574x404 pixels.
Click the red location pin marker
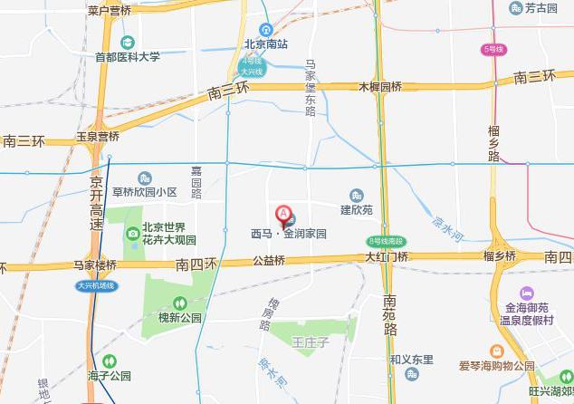[284, 216]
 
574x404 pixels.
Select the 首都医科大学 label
[128, 56]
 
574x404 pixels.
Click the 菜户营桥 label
[110, 10]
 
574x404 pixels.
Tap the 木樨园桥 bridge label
[380, 87]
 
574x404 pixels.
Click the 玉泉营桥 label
[97, 137]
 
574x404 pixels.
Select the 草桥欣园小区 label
[144, 192]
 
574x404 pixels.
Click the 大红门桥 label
[387, 257]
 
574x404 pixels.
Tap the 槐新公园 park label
[179, 318]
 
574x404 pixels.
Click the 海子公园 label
[110, 375]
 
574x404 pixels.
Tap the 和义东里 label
[412, 360]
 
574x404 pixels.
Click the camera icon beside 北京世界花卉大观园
[133, 234]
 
